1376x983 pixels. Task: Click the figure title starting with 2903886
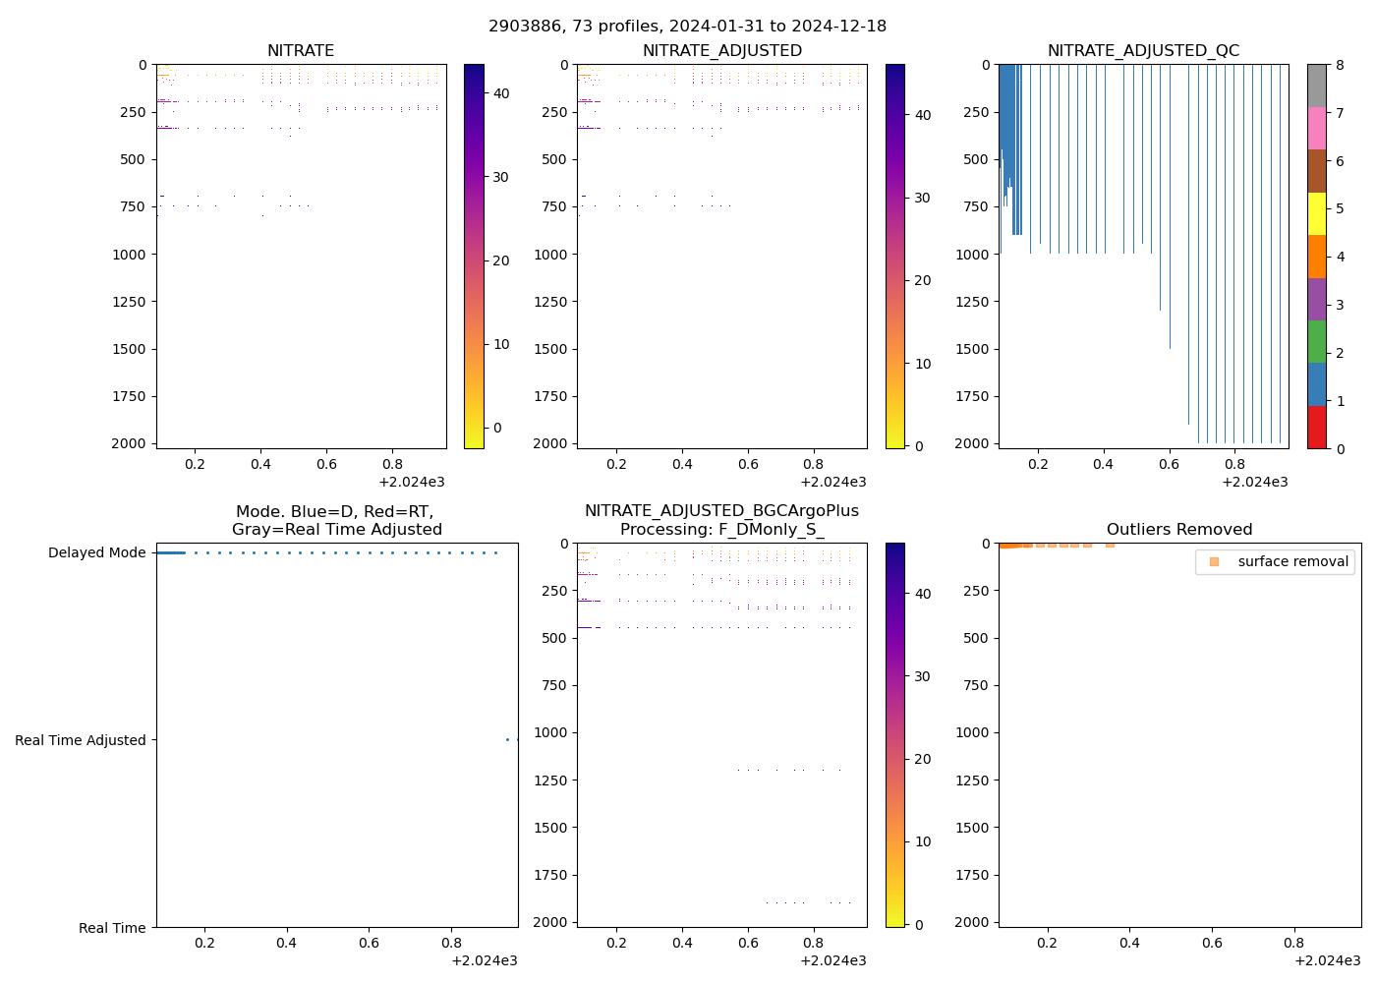coord(687,26)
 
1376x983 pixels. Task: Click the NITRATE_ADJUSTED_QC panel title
coord(1143,51)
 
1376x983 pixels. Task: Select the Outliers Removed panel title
coord(1178,530)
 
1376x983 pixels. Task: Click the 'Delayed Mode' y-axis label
coord(96,552)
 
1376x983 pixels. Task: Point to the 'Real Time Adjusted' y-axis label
coord(81,740)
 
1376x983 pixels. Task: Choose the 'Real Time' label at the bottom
coord(112,928)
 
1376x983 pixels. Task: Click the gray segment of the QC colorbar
coord(1316,85)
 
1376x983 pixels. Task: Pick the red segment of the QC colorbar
coord(1316,428)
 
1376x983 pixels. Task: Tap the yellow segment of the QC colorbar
coord(1316,213)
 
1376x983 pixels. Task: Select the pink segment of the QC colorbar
coord(1316,128)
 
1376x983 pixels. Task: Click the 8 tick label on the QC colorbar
coord(1339,65)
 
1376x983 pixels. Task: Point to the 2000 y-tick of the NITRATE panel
coord(129,443)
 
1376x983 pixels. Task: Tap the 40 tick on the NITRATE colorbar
coord(500,93)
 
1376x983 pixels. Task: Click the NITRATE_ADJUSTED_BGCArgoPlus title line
coord(721,511)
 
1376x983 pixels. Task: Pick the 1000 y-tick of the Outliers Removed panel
coord(971,732)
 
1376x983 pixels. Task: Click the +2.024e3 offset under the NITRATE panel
coord(411,483)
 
